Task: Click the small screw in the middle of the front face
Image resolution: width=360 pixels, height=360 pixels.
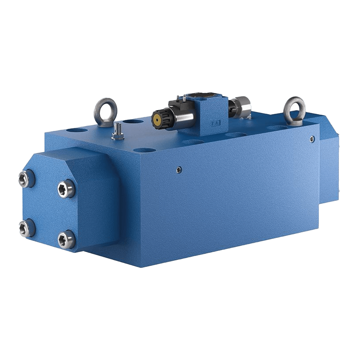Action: pos(179,169)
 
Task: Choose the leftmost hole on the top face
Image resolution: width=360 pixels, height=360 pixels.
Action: pos(73,131)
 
